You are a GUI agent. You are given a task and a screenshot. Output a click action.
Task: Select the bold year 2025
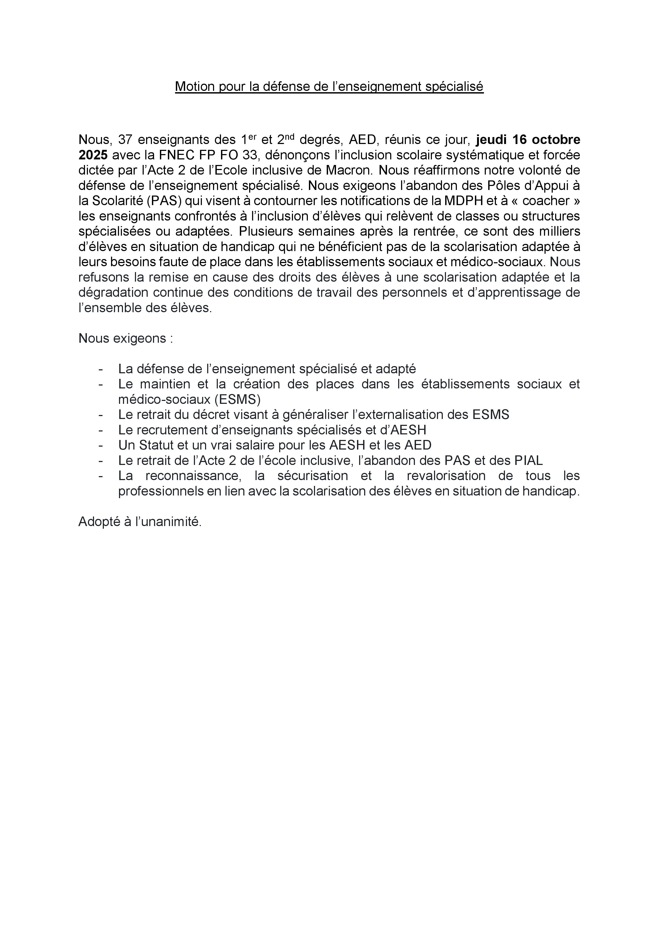click(93, 155)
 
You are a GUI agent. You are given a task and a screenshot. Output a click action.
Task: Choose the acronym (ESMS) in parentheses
click(237, 399)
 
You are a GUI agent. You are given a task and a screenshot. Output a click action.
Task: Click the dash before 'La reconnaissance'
click(101, 476)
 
